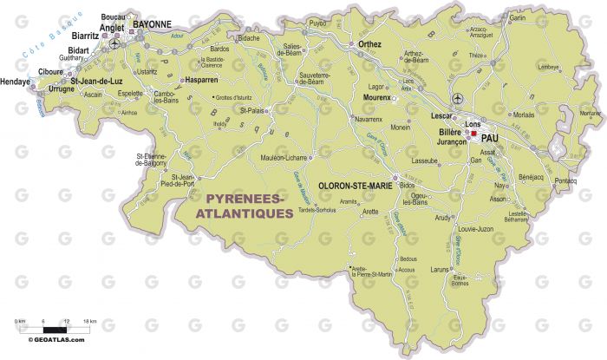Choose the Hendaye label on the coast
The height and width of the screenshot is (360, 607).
[15, 82]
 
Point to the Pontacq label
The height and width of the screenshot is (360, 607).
[565, 180]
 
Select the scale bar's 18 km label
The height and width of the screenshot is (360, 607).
[89, 322]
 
